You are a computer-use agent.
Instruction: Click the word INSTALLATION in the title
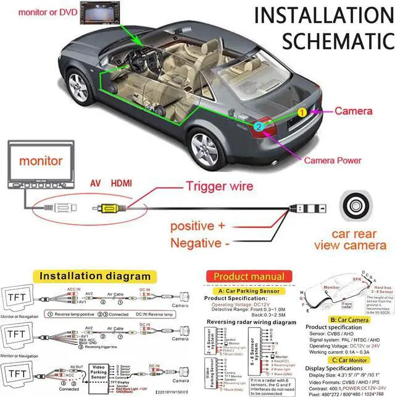(x=323, y=15)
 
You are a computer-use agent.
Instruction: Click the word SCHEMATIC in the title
(x=336, y=41)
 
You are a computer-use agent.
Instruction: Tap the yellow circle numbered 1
(x=302, y=113)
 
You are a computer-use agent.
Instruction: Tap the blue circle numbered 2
(x=259, y=127)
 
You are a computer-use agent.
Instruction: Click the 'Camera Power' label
(x=331, y=160)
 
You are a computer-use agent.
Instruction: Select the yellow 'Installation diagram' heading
(x=94, y=275)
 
